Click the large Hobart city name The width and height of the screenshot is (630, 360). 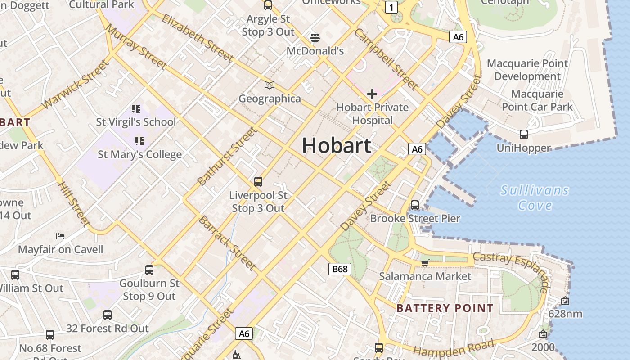click(x=337, y=145)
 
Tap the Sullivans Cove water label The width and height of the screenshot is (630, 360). click(x=535, y=198)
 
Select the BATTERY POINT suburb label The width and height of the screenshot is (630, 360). click(x=445, y=308)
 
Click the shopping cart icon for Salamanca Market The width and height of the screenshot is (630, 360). click(x=425, y=263)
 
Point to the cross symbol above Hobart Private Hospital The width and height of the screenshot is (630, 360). click(x=372, y=94)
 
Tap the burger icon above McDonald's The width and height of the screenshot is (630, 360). click(x=315, y=37)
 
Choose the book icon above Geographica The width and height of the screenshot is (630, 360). click(x=270, y=85)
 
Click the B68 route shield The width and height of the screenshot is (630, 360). click(x=340, y=269)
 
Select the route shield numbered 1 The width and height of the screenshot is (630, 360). click(x=391, y=7)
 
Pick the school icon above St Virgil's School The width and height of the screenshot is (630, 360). click(x=136, y=108)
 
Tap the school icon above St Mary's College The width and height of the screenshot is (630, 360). click(x=139, y=141)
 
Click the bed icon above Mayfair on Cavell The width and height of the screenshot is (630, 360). click(x=60, y=236)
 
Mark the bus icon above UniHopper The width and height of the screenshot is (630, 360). click(x=523, y=134)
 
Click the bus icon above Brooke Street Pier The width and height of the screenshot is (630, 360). click(x=415, y=205)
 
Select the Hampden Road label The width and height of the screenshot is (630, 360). click(x=454, y=348)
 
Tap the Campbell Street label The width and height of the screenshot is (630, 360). click(x=386, y=59)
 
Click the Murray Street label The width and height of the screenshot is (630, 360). click(x=135, y=46)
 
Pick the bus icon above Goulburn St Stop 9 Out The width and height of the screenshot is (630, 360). click(x=149, y=270)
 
